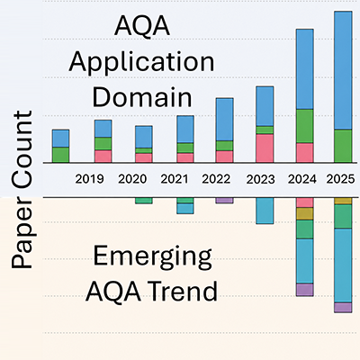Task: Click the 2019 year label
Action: (89, 179)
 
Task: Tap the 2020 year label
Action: (132, 179)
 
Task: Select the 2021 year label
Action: (175, 179)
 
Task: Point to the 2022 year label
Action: (216, 179)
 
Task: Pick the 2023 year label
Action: (260, 180)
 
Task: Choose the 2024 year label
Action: (302, 179)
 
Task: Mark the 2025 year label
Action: (340, 179)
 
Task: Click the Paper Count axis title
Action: (22, 190)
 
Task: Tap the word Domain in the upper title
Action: (142, 97)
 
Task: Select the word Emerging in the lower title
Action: (152, 256)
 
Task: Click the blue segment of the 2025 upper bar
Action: (343, 70)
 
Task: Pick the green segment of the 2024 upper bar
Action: (305, 126)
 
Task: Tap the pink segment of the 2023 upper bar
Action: (265, 148)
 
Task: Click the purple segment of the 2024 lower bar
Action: (305, 290)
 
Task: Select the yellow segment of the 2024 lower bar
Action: (305, 213)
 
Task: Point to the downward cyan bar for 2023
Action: (265, 211)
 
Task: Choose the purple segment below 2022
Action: (224, 201)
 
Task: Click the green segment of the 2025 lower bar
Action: (343, 216)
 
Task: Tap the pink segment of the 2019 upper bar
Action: (103, 157)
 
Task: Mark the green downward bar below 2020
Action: (144, 201)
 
